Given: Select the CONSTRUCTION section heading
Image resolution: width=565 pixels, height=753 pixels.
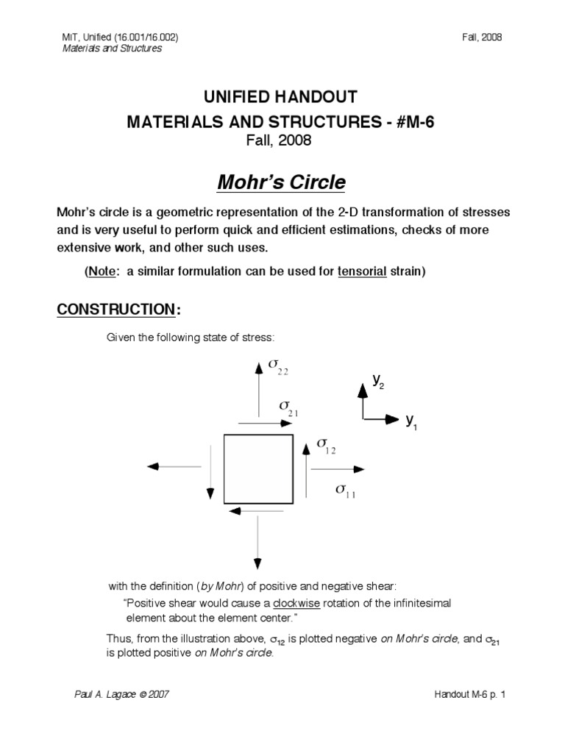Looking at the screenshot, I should coord(116,310).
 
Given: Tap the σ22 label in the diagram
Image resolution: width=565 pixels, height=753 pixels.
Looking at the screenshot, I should coord(277,366).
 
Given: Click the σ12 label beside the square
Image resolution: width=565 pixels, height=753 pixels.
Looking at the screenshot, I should coord(326,446).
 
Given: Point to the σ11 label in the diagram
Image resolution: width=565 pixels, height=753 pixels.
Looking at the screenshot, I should coord(345,490).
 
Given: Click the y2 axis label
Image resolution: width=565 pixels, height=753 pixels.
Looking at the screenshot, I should coord(377,381).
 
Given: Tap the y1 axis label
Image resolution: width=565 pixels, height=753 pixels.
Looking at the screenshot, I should coord(411,421).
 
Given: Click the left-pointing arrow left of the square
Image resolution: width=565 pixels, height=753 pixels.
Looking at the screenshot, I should coord(174,466).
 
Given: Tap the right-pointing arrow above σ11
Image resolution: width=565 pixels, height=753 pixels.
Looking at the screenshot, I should coord(337,468).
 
